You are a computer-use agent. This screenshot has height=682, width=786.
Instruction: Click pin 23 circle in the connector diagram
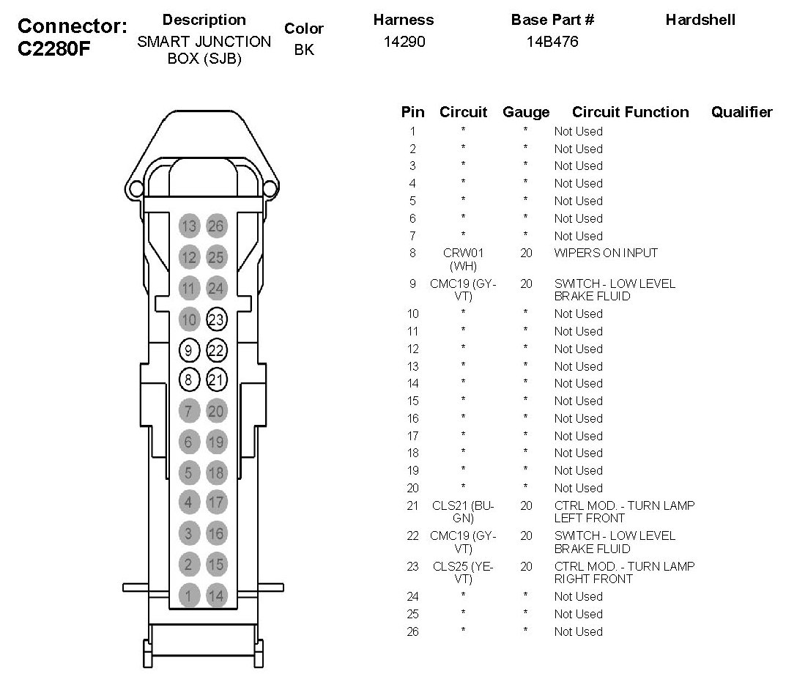click(217, 319)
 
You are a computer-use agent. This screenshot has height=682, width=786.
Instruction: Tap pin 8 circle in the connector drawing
click(189, 379)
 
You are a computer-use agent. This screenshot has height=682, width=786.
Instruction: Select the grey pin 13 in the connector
click(189, 226)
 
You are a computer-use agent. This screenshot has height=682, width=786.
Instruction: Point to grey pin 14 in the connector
click(216, 596)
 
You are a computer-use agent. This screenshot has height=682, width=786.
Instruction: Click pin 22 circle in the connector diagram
click(217, 349)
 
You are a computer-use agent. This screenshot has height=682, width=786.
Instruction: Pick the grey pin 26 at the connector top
click(216, 226)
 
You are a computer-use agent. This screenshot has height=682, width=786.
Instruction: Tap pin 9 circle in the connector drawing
click(189, 349)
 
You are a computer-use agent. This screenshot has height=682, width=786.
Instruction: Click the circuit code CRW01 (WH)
click(463, 259)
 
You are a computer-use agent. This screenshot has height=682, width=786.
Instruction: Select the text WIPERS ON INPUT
click(606, 253)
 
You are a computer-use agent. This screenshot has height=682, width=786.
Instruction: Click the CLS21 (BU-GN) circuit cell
click(463, 511)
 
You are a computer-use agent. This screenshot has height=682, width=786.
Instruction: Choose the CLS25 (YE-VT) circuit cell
click(463, 572)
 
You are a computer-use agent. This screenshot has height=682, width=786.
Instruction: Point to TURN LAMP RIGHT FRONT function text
click(624, 572)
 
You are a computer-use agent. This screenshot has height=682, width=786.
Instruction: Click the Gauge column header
click(525, 112)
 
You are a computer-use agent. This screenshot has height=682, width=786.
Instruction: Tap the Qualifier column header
click(741, 112)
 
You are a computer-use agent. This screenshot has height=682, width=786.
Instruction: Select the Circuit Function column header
click(630, 112)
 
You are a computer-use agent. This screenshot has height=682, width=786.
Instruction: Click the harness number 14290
click(404, 42)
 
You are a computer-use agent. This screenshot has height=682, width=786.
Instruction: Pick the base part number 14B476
click(552, 42)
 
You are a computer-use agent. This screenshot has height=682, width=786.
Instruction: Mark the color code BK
click(304, 51)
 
